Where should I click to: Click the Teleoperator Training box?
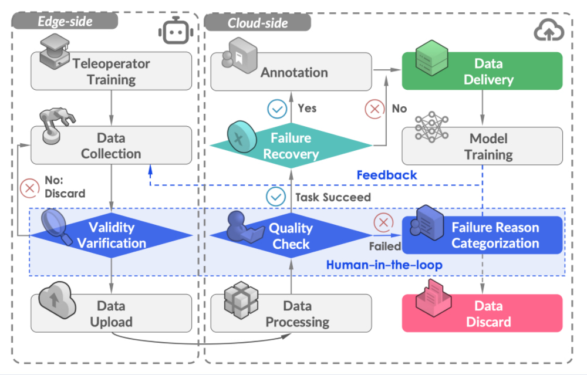tap(111, 71)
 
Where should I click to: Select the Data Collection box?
tap(111, 146)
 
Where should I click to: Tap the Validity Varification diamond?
tap(111, 235)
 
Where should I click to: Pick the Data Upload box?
tap(111, 313)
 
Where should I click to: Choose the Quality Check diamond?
tap(291, 235)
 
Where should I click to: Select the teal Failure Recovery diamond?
tap(291, 146)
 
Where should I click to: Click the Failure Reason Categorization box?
tap(482, 235)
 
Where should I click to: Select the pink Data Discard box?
tap(482, 313)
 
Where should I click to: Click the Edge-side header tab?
tap(65, 22)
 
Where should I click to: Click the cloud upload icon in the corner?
tap(549, 32)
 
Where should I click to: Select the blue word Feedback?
tap(387, 175)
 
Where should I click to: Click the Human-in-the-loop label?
tap(384, 265)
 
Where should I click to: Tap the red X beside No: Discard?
tap(29, 188)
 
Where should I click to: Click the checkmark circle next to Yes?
tap(276, 109)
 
